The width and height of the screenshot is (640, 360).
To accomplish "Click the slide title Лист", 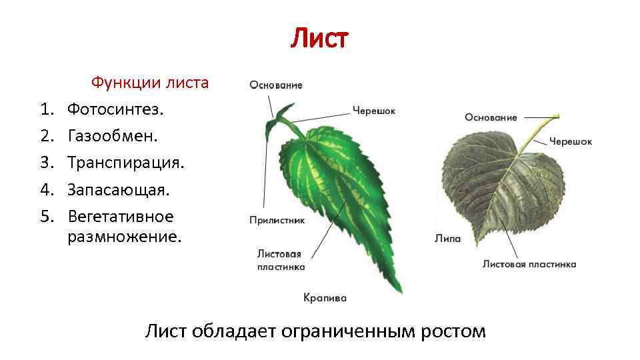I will [x=319, y=39].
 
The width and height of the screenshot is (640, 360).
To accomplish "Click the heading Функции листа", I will [x=150, y=83].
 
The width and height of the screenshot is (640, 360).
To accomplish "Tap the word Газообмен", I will [x=113, y=136].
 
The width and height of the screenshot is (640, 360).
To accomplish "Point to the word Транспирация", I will [x=125, y=163].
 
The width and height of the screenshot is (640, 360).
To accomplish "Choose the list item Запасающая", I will [x=118, y=190].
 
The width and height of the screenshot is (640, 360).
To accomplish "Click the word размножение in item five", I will [x=124, y=236].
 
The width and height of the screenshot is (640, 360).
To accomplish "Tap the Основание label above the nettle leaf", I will [x=276, y=85].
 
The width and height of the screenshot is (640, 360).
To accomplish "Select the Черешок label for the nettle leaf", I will [x=374, y=111].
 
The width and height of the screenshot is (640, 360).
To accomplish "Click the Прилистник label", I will [x=277, y=220].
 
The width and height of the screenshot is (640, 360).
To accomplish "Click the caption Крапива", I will [x=325, y=298].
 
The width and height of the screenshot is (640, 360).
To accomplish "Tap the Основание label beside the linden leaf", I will [x=491, y=117].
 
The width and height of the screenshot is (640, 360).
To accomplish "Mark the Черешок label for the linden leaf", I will [x=571, y=141].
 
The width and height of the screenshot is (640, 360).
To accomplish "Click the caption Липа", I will [x=448, y=238].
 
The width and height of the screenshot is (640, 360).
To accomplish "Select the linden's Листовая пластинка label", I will [x=529, y=264].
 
